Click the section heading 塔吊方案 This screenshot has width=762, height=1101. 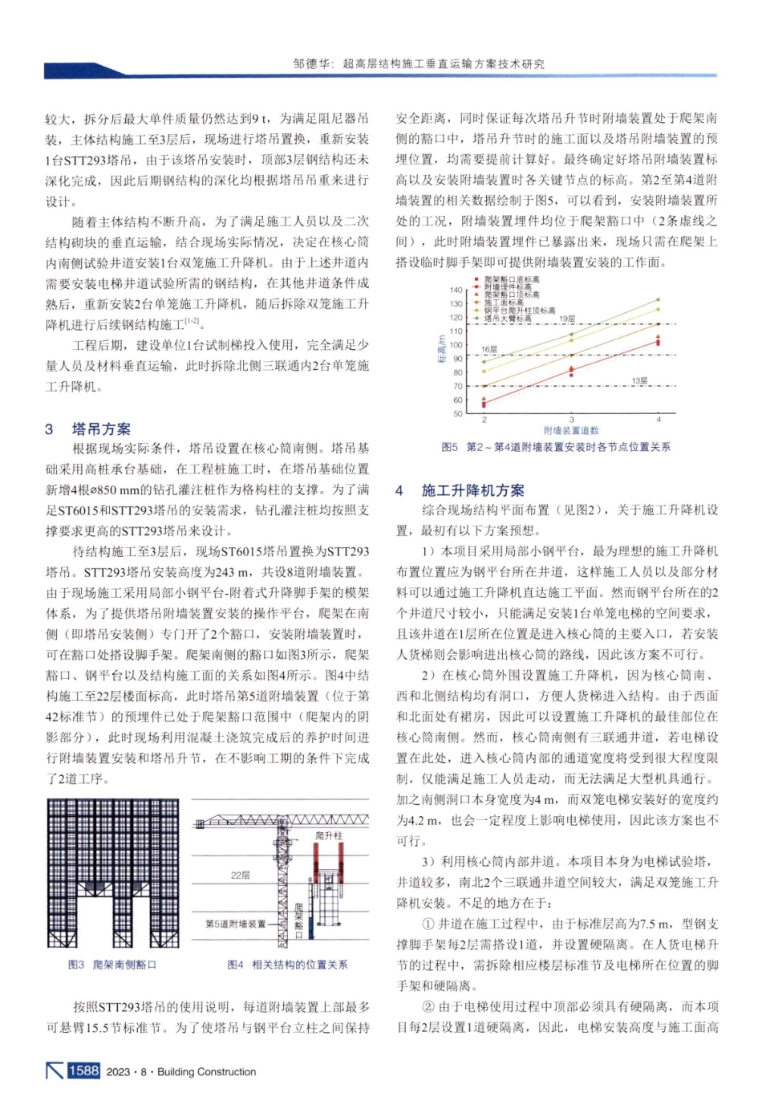coord(101,429)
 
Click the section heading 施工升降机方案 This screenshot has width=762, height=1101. coord(472,490)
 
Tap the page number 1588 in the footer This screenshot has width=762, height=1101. coord(83,1071)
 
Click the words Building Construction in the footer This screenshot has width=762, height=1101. coord(206,1072)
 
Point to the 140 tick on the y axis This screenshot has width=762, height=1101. coord(456,290)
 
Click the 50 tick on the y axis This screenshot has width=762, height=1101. coord(458,413)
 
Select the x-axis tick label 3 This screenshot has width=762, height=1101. coord(571,420)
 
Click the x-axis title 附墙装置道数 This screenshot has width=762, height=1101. coord(570,431)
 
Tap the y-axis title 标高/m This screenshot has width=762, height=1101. coord(440,348)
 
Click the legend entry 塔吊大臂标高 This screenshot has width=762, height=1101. coord(508,319)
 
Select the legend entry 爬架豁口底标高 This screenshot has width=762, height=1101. coord(511,279)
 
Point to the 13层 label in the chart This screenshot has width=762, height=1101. coord(638,380)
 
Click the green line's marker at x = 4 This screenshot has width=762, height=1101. coord(659,299)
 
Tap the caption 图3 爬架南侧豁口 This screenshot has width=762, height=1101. coord(112,965)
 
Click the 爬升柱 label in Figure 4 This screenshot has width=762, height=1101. coord(328,835)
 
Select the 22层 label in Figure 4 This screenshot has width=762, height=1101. coord(240,875)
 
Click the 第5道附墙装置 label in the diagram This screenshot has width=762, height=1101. coord(235,924)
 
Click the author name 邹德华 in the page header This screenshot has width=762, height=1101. coord(311,63)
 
